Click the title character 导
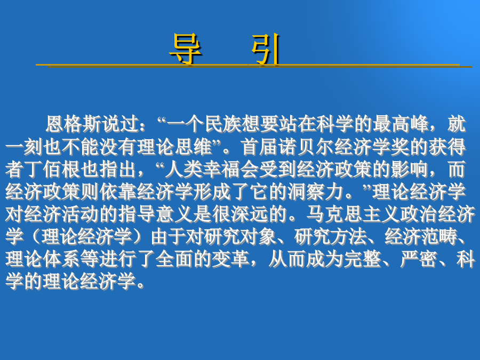pyautogui.click(x=186, y=49)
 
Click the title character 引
pyautogui.click(x=266, y=49)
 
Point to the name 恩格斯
pyautogui.click(x=74, y=124)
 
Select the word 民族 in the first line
pyautogui.click(x=223, y=124)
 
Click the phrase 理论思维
pyautogui.click(x=175, y=147)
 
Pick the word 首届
pyautogui.click(x=260, y=147)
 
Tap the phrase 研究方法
pyautogui.click(x=330, y=237)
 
